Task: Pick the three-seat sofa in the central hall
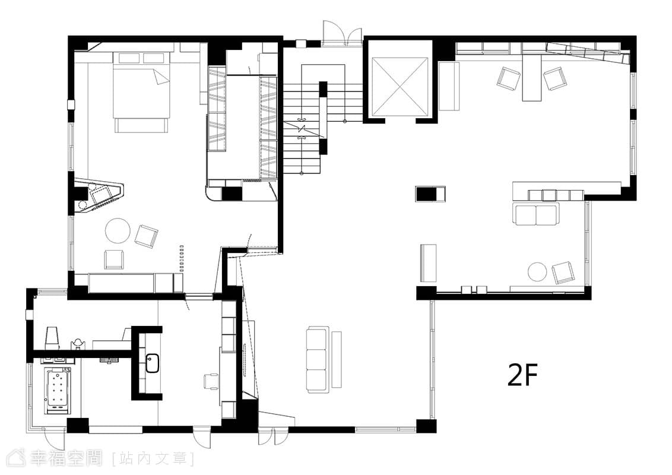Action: pyautogui.click(x=317, y=359)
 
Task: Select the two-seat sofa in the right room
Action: pyautogui.click(x=535, y=214)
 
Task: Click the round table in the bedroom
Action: pyautogui.click(x=118, y=230)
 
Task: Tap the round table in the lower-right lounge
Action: pyautogui.click(x=537, y=272)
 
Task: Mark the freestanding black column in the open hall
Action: pyautogui.click(x=426, y=194)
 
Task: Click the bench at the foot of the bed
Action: pyautogui.click(x=141, y=125)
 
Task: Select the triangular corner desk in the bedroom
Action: pyautogui.click(x=99, y=196)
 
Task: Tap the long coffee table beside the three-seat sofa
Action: pyautogui.click(x=337, y=359)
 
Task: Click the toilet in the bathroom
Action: pyautogui.click(x=52, y=337)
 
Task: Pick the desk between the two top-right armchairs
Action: pyautogui.click(x=532, y=80)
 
